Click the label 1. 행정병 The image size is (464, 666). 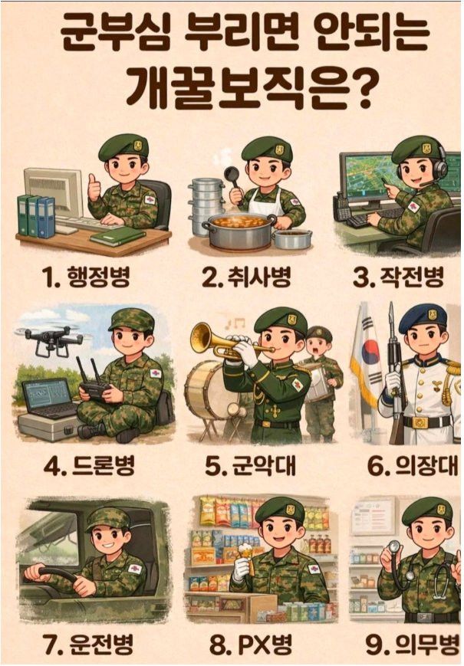click(86, 277)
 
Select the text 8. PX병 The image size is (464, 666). click(251, 645)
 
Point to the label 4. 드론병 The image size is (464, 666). click(89, 465)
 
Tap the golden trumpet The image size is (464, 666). click(221, 343)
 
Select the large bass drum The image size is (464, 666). click(208, 390)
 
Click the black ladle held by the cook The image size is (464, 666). click(233, 182)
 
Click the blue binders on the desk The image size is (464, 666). click(36, 216)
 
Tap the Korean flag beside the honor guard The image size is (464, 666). click(367, 357)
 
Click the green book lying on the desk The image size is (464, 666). click(117, 236)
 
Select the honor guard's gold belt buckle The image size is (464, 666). click(420, 422)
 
